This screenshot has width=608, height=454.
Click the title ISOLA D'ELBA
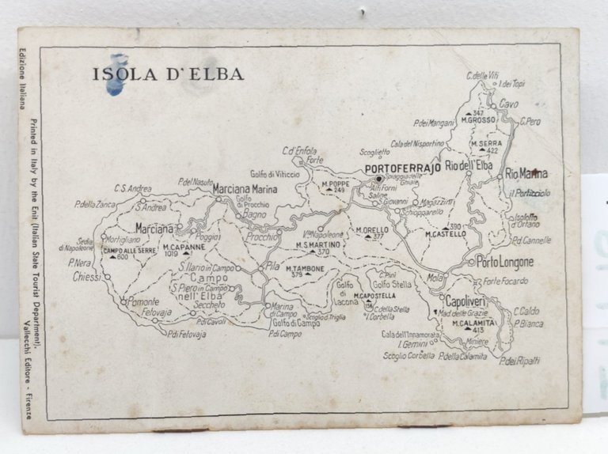coord(168,74)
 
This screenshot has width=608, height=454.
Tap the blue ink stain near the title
coord(116,74)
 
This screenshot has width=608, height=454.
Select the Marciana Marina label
coord(247,189)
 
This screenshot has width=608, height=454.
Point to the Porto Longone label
coord(505,262)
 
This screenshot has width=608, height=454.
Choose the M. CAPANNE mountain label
coord(184,246)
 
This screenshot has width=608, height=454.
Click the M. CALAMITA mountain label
coord(473,322)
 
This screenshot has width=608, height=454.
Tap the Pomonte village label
coord(143,302)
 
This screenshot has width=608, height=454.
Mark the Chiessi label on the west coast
coord(85,277)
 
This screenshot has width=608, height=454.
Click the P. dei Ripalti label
coord(520,360)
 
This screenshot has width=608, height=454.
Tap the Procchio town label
coord(261,236)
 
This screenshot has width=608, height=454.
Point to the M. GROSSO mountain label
coord(478,119)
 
